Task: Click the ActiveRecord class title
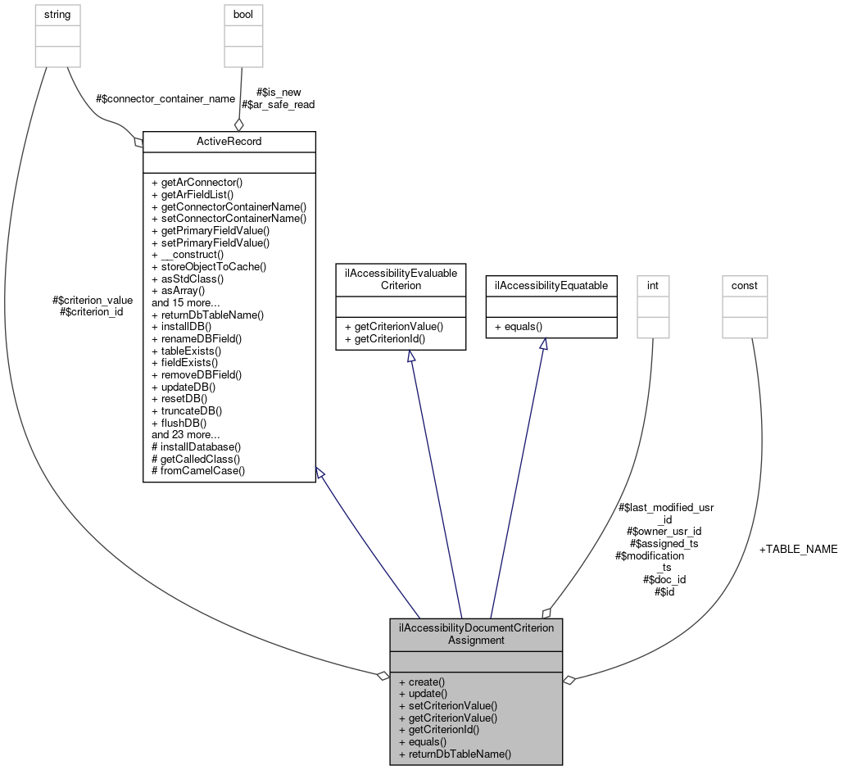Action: click(229, 142)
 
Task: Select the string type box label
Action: click(57, 14)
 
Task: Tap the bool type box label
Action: click(243, 14)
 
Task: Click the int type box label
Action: click(652, 285)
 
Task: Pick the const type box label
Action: click(745, 285)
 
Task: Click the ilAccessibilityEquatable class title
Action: click(551, 285)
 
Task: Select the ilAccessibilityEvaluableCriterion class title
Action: click(401, 279)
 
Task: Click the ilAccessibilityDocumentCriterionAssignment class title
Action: click(476, 634)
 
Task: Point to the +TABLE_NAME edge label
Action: click(799, 550)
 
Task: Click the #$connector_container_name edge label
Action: click(165, 98)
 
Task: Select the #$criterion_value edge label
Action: click(92, 300)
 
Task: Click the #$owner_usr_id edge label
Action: click(664, 531)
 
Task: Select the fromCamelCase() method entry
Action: click(198, 471)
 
